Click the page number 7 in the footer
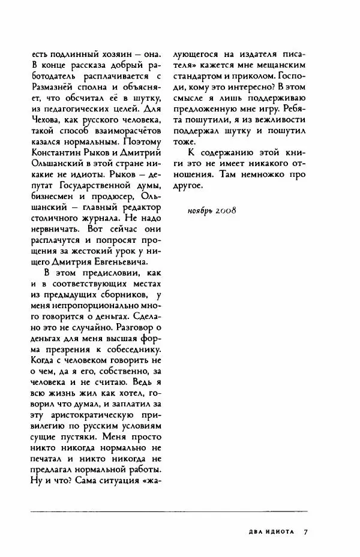point(305,532)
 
